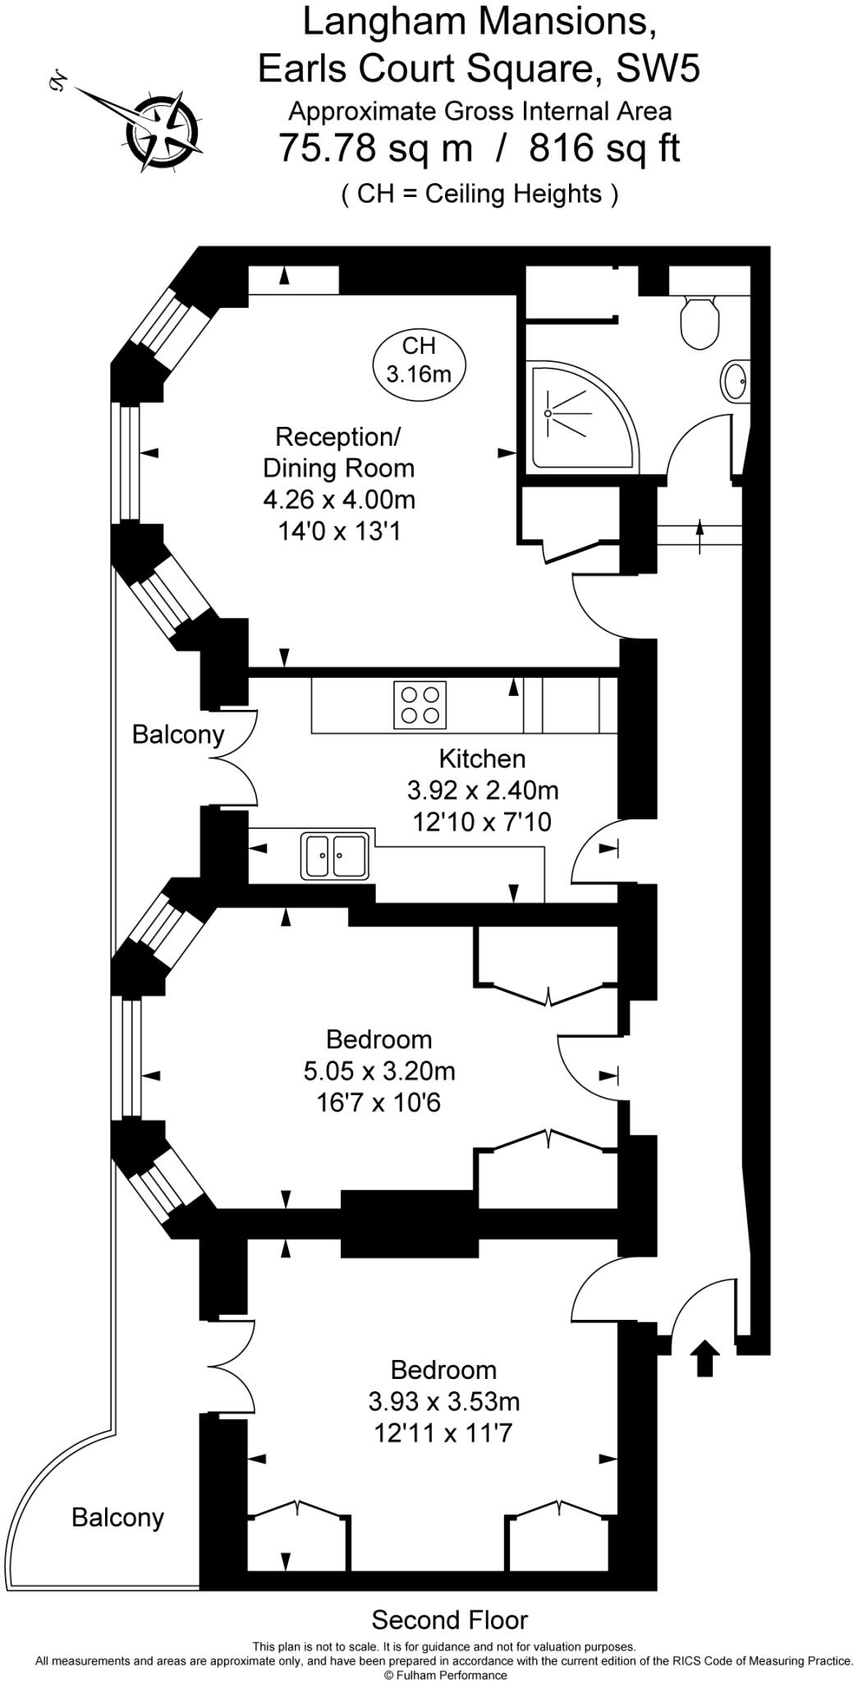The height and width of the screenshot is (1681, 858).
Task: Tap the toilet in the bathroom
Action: pos(700,323)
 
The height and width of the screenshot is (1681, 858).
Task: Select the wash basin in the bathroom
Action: pos(735,381)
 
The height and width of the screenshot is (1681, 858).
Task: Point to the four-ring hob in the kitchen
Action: pos(420,705)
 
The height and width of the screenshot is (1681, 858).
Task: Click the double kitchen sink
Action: pos(335,856)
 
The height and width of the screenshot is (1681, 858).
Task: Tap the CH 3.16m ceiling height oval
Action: pos(419,360)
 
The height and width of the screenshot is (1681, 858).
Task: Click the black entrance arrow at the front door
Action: pos(705,1358)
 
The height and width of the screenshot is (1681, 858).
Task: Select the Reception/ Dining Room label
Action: pos(338,452)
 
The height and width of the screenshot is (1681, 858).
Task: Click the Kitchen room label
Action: pos(482,758)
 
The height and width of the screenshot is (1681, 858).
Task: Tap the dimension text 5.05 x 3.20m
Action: pos(379,1071)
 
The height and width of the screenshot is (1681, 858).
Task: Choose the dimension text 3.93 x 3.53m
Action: pos(444,1401)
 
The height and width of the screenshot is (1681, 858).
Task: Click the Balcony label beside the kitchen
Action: pos(178,735)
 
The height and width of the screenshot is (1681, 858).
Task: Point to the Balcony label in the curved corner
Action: pos(117,1518)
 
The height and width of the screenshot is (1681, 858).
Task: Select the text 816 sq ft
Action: pos(605,149)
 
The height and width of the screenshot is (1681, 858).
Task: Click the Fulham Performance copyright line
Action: pos(445,1674)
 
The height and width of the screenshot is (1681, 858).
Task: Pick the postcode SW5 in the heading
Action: pos(658,68)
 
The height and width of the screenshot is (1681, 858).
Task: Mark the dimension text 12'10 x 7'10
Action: pos(482,822)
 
